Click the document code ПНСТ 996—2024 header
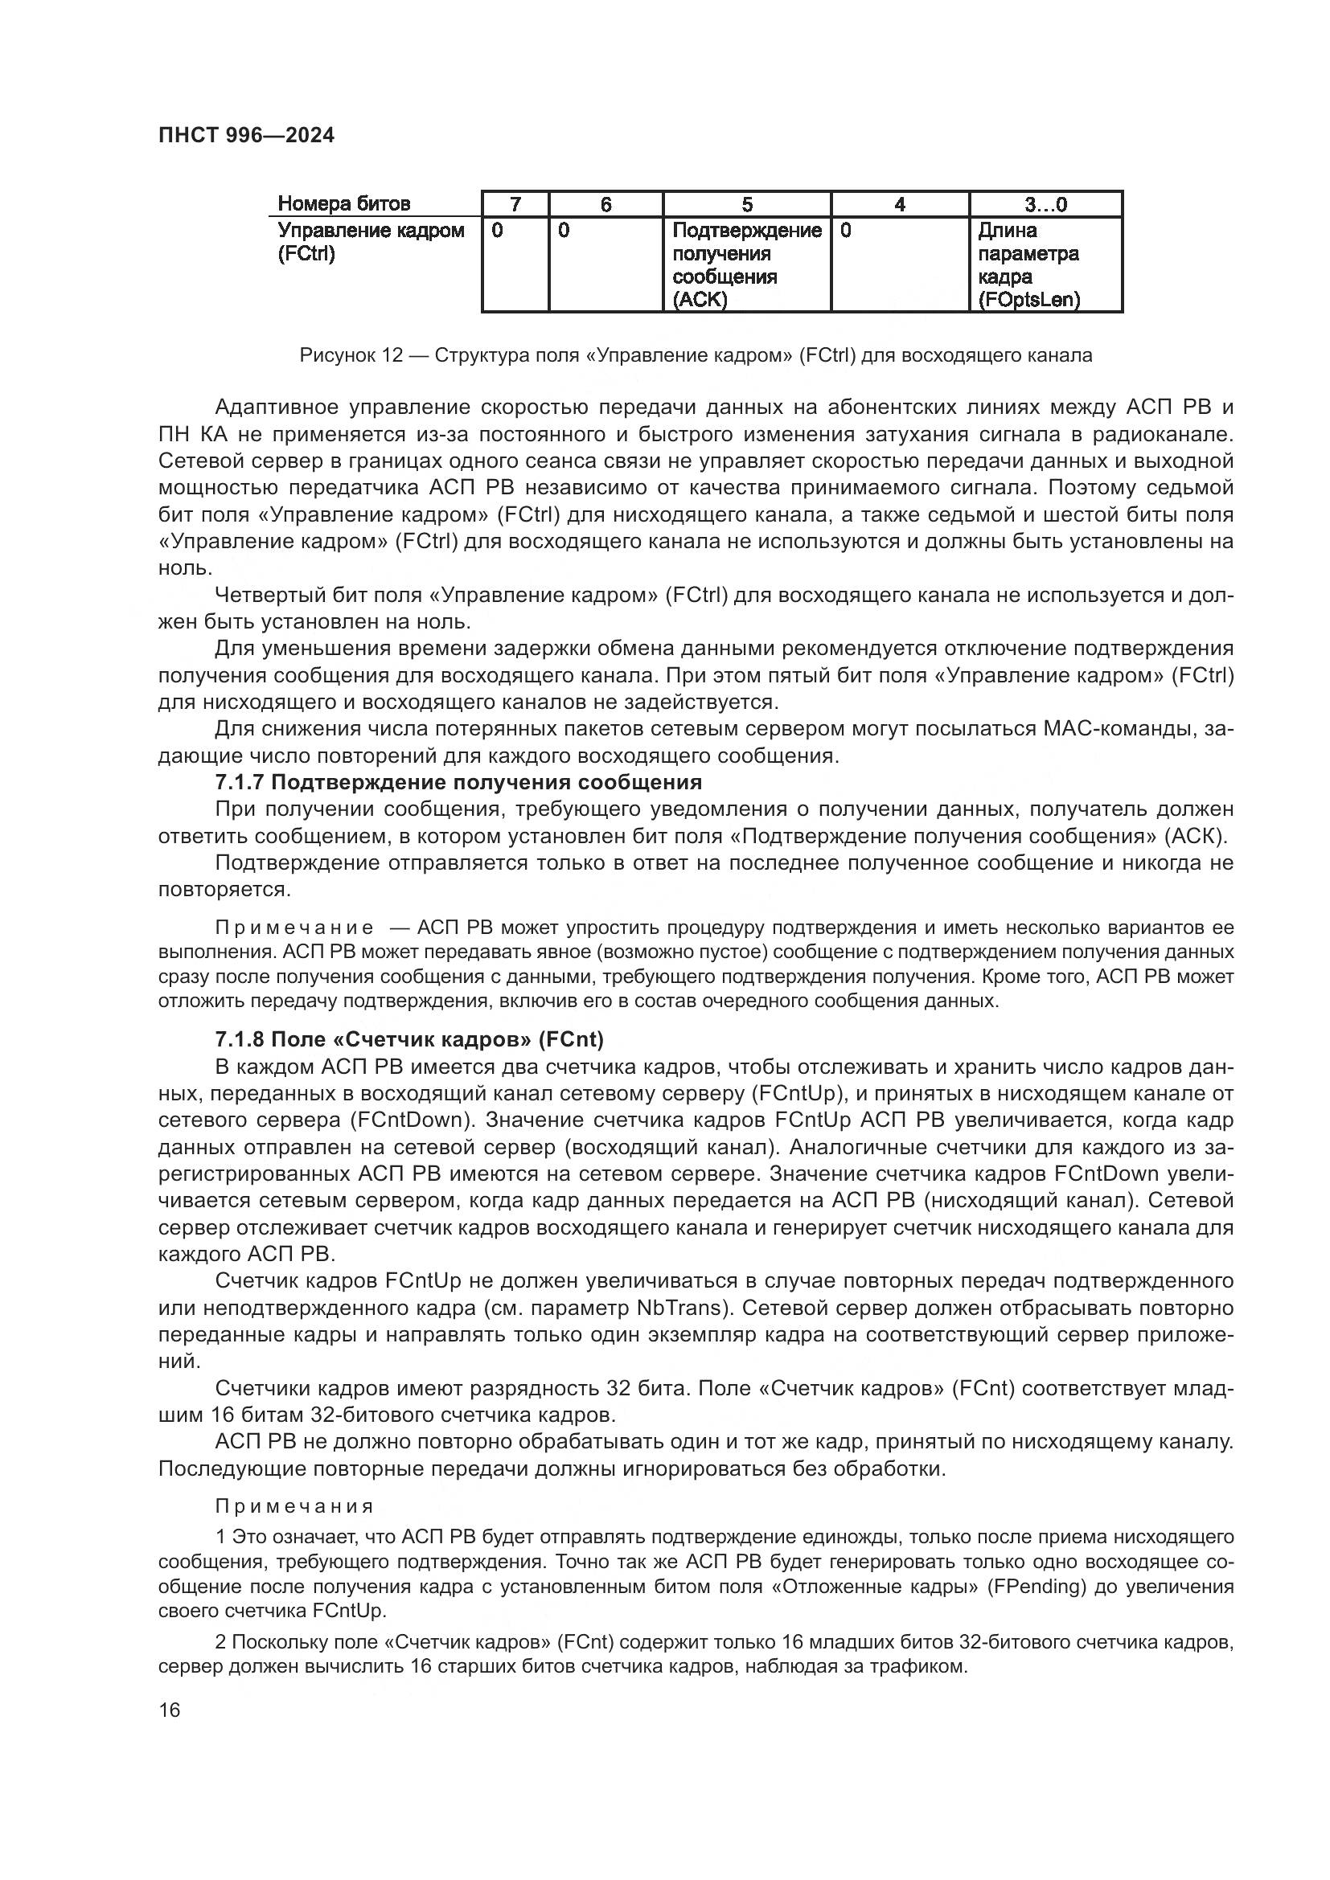pos(246,136)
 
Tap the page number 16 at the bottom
pos(170,1710)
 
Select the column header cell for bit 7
pos(515,205)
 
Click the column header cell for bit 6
pos(605,205)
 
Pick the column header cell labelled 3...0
pos(1045,205)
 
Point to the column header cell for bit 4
pos(899,205)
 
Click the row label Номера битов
pos(344,204)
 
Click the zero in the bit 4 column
pos(846,231)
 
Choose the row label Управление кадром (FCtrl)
pos(370,242)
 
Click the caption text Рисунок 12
pos(351,355)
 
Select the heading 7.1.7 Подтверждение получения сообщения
pos(458,783)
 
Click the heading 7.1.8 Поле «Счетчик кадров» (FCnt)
pos(408,1039)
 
